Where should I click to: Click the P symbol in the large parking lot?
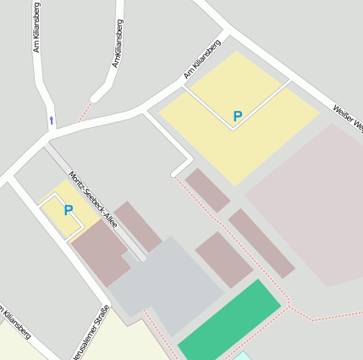pos(238,116)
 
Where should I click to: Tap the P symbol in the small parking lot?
pos(69,210)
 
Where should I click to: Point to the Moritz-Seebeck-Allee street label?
pos(93,200)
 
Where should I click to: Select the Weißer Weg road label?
pos(349,118)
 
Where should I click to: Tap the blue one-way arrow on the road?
pos(52,120)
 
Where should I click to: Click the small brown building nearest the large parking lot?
pos(207,191)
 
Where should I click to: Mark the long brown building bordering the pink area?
pos(261,243)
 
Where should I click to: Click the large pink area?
pos(313,203)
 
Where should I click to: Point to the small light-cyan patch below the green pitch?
pos(242,357)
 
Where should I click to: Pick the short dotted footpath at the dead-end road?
pos(85,111)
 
